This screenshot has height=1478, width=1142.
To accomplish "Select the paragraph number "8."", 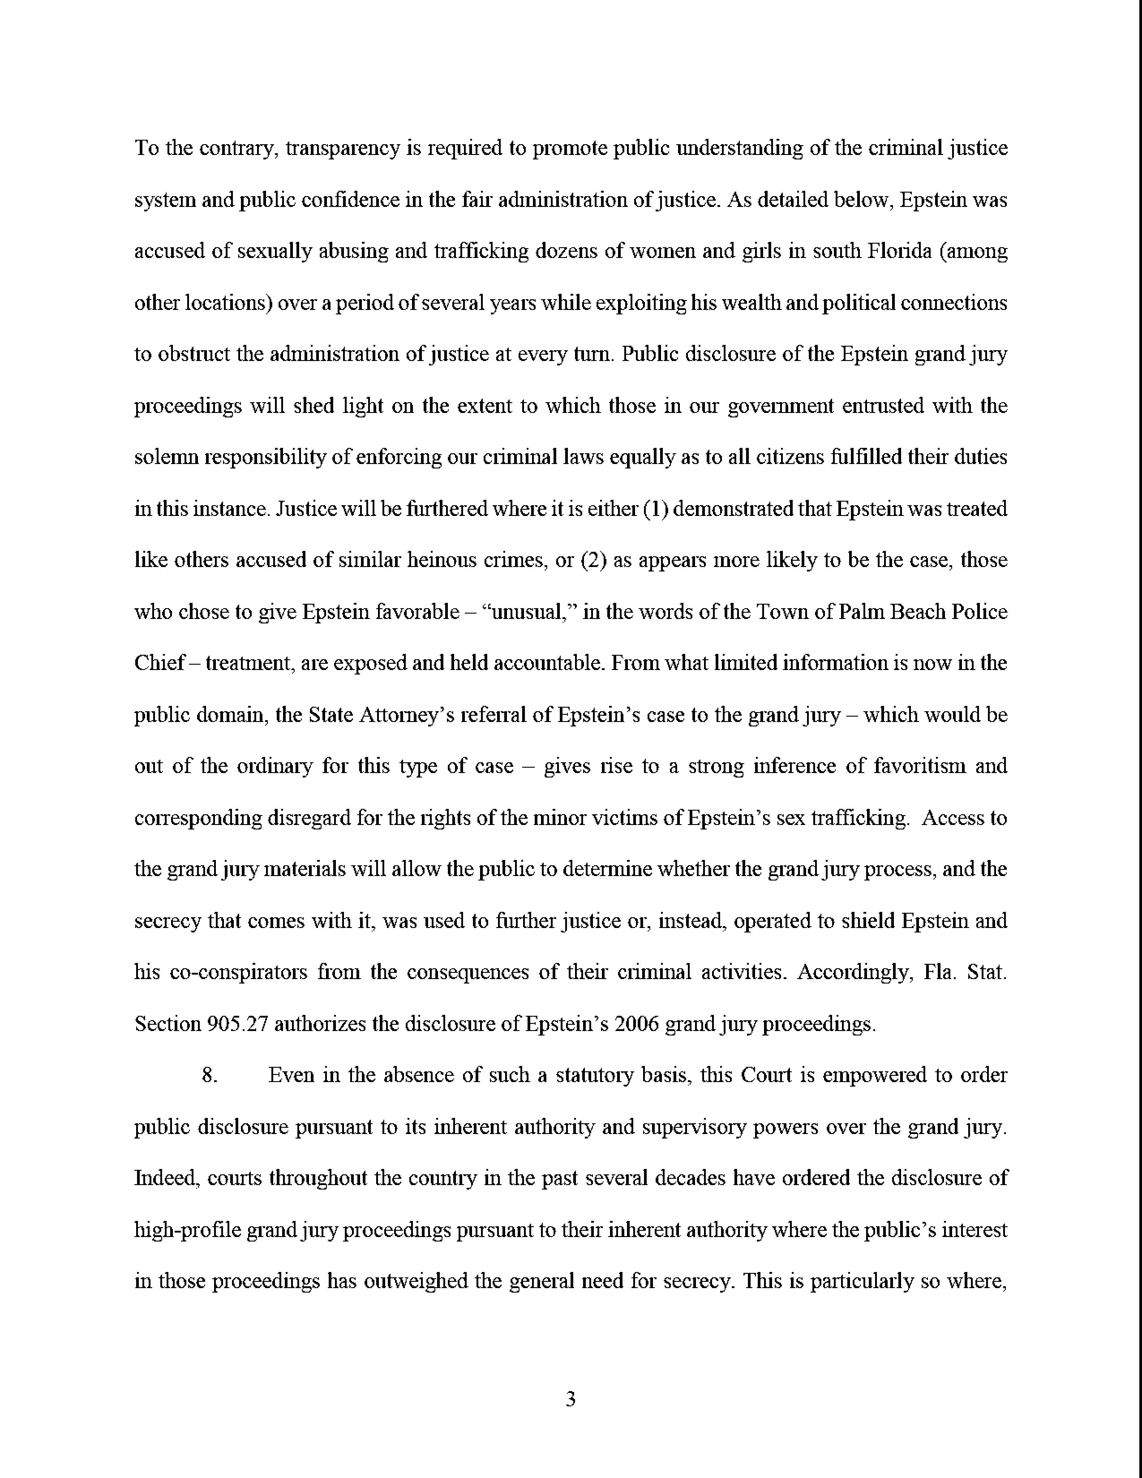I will coord(210,1075).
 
